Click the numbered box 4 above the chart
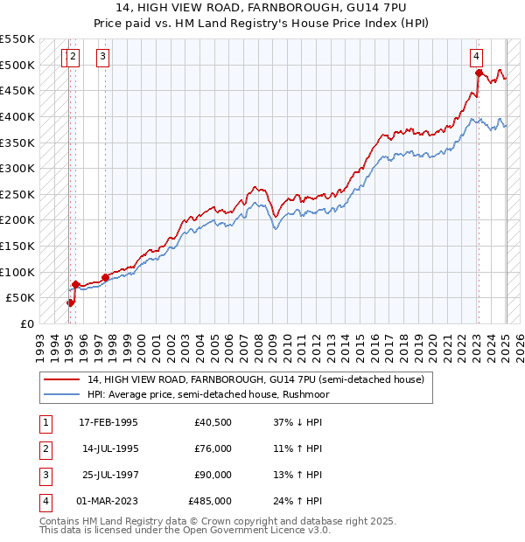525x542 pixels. click(476, 57)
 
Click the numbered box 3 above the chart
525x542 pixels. click(102, 57)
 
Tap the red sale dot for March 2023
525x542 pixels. click(479, 73)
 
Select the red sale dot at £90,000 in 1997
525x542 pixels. click(106, 277)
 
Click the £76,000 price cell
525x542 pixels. click(213, 448)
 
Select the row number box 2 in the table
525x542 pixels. click(44, 448)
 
